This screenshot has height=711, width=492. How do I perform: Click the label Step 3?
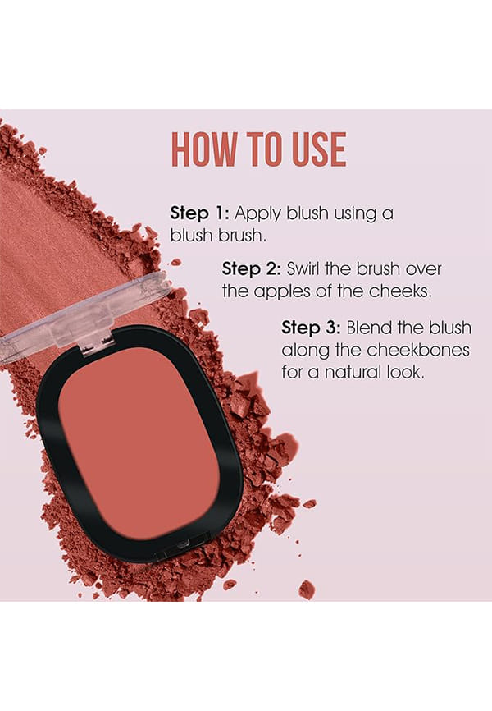pyautogui.click(x=311, y=328)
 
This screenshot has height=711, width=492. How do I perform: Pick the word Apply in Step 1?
pyautogui.click(x=257, y=214)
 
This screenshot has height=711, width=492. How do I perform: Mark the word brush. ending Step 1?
pyautogui.click(x=243, y=236)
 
